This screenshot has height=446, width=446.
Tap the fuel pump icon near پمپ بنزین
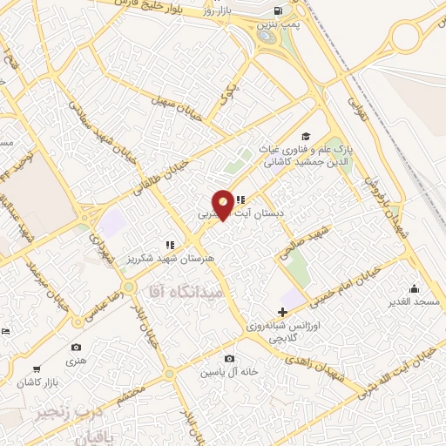tap(278, 10)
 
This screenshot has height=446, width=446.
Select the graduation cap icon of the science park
tap(305, 136)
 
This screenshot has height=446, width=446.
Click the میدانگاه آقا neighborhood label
tap(187, 292)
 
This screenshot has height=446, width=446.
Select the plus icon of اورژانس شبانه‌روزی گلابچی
tap(281, 311)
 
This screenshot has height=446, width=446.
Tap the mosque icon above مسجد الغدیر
tap(412, 288)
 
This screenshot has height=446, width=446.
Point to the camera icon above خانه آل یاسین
tap(228, 359)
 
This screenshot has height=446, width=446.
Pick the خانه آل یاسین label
tap(229, 372)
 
